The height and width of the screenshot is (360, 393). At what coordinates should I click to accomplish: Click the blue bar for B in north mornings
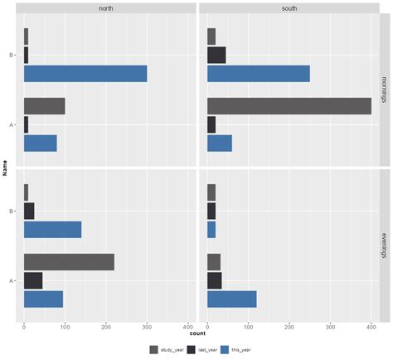click(85, 74)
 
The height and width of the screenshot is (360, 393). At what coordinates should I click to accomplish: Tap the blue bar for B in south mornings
click(258, 74)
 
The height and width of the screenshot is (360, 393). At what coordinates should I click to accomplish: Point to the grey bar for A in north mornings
click(44, 106)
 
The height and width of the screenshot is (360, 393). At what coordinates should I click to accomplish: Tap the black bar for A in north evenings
click(33, 280)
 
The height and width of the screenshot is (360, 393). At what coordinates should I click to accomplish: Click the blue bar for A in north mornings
click(40, 143)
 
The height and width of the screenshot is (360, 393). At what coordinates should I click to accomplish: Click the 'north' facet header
click(106, 8)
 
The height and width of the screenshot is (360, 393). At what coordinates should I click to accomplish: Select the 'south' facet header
click(289, 8)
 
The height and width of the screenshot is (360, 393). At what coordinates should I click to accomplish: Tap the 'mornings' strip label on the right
click(384, 89)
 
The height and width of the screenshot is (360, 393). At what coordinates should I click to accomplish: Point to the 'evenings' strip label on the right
click(384, 246)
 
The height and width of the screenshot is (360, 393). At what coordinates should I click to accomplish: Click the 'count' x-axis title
click(196, 334)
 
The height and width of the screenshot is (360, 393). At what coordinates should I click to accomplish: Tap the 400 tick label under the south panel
click(371, 327)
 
